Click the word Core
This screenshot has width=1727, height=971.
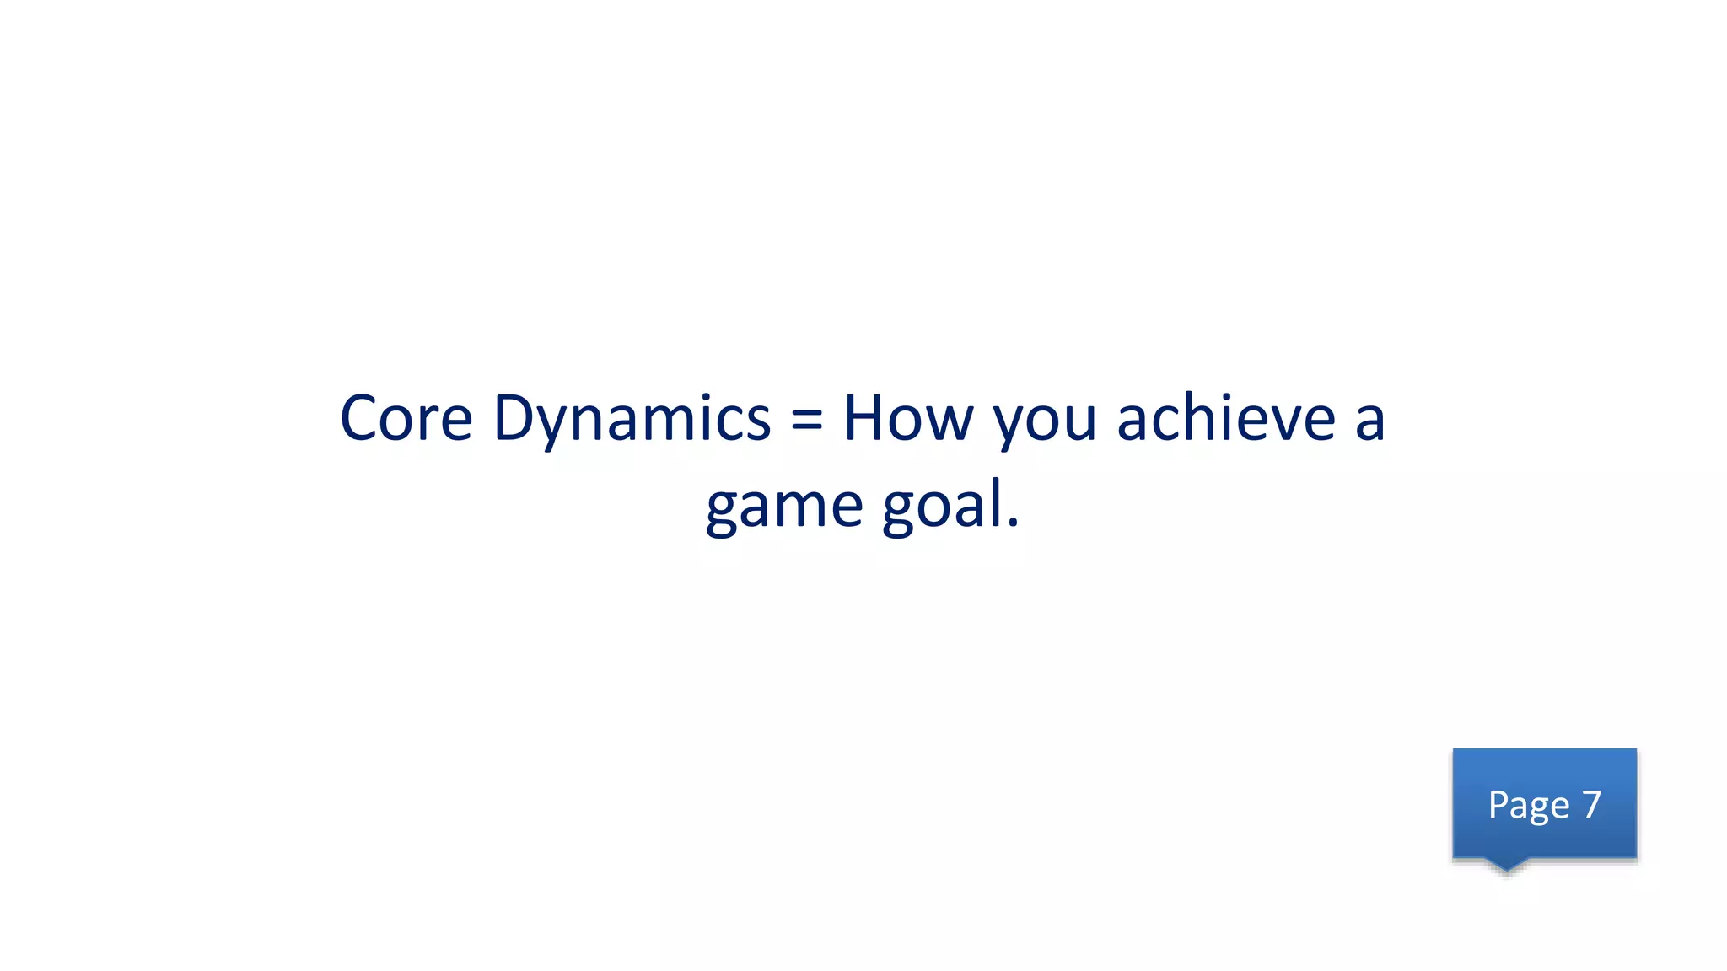tap(406, 419)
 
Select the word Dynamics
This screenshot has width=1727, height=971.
tap(632, 419)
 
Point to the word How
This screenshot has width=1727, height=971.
tap(908, 419)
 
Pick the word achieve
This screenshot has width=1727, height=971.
tap(1226, 419)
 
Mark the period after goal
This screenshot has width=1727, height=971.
tap(1013, 524)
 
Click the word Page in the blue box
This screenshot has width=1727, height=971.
tap(1528, 806)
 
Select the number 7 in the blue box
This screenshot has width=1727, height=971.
tap(1591, 805)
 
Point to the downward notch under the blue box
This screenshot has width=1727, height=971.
tap(1506, 865)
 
